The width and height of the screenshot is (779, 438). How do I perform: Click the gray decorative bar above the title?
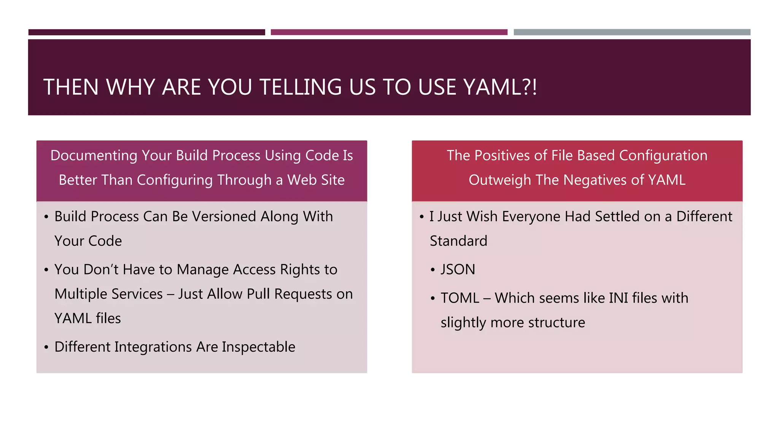point(632,32)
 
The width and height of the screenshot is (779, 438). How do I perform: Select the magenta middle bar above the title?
point(389,32)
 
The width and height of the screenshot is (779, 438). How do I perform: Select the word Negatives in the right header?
point(595,180)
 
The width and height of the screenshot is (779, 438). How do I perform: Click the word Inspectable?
point(258,347)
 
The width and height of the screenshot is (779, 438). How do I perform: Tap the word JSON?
point(458,270)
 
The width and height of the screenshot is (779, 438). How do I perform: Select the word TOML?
point(459,298)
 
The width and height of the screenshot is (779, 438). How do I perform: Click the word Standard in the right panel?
point(458,241)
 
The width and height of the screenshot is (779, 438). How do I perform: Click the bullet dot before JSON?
point(432,270)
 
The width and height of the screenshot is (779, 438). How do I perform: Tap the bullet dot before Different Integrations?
point(46,347)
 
